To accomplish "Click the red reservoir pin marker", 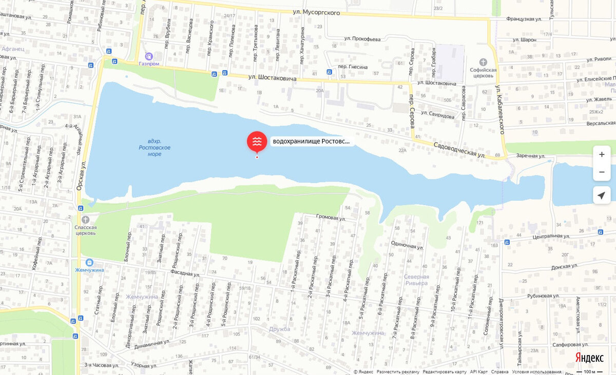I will [257, 142].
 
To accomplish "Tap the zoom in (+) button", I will [602, 154].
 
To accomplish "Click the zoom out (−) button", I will [602, 172].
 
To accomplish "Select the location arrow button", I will [602, 195].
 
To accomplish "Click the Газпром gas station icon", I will [149, 56].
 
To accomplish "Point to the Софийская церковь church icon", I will [483, 62].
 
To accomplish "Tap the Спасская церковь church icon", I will [85, 219].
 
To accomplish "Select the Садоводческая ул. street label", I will [459, 149].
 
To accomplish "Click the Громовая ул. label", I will [331, 218].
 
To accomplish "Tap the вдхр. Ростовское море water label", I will [155, 147].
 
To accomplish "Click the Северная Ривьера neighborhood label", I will [416, 280].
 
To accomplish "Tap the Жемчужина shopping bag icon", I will [89, 262].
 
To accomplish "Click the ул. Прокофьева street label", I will [362, 39].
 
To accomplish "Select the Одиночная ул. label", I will [407, 246].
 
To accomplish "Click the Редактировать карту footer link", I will [445, 372].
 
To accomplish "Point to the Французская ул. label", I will [524, 19].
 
